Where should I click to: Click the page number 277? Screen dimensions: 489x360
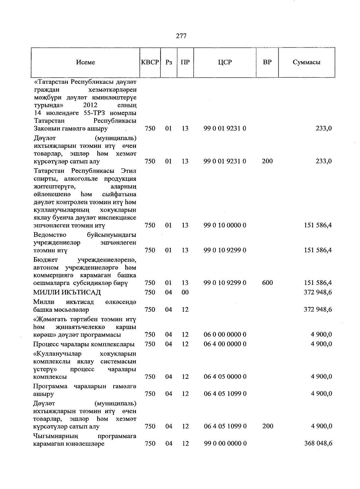(x=181, y=36)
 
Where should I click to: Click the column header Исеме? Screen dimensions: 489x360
(x=85, y=62)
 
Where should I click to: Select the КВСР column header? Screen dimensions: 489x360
(x=150, y=62)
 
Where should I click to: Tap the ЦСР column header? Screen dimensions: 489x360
(x=225, y=62)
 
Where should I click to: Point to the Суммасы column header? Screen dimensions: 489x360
(x=306, y=62)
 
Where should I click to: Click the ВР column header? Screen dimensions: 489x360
(x=267, y=62)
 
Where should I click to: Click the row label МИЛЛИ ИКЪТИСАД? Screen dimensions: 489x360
(x=67, y=292)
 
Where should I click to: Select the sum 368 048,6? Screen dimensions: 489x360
(x=318, y=443)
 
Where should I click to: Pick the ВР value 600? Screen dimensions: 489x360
(x=267, y=283)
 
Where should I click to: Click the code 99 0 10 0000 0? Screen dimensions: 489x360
(x=225, y=225)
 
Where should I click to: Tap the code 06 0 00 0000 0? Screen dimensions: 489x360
(x=225, y=335)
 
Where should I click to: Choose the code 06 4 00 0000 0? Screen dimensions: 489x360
(x=225, y=344)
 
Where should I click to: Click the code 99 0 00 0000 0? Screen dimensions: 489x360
(x=225, y=443)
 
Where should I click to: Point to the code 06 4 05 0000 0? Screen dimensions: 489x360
(x=225, y=377)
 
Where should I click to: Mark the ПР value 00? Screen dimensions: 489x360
(x=185, y=292)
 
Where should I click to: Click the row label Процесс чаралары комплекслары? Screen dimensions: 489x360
(x=84, y=344)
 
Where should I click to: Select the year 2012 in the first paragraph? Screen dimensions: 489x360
(x=90, y=105)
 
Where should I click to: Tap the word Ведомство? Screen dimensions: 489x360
(x=50, y=235)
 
